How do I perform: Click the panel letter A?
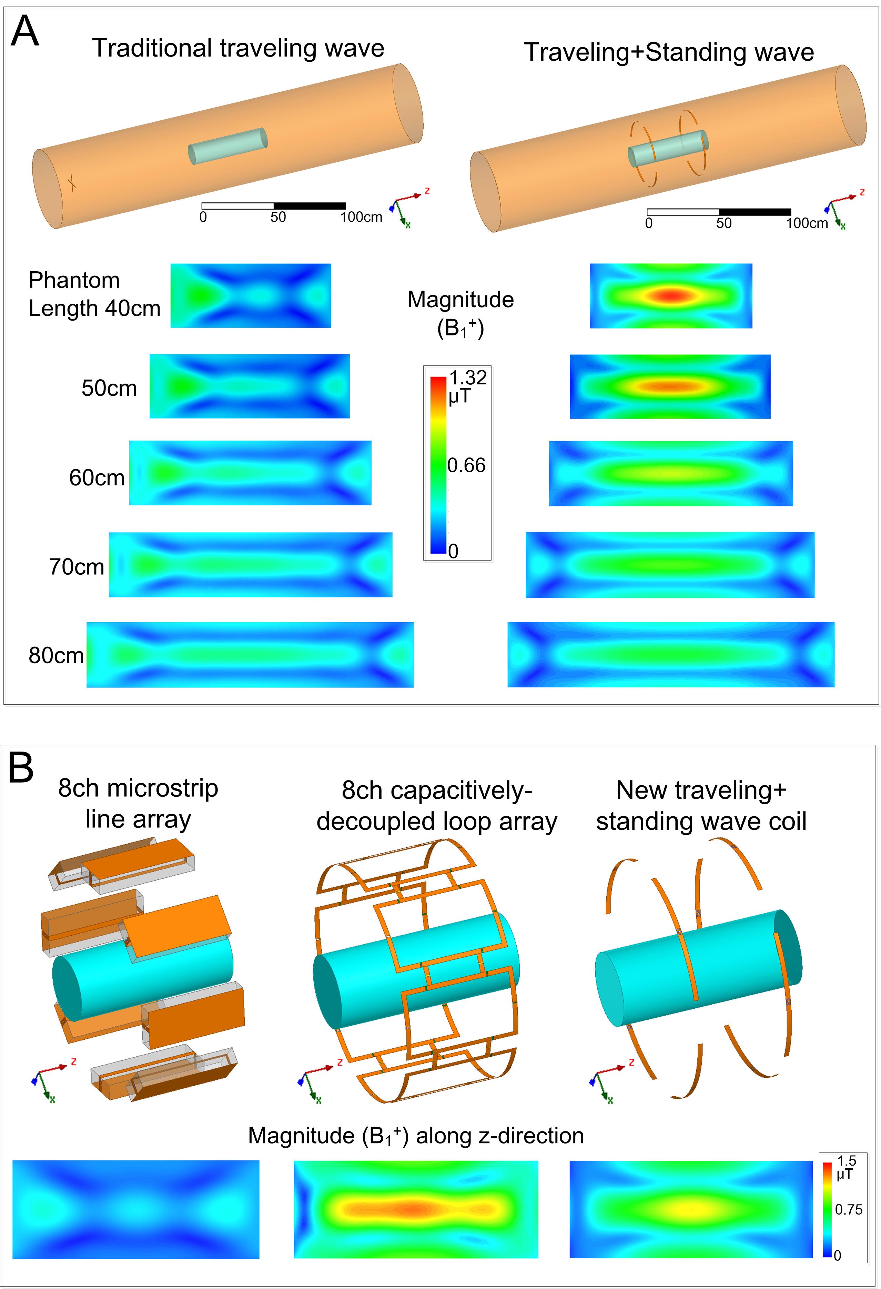click(25, 32)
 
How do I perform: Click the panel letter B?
click(21, 769)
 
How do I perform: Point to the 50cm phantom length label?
click(109, 388)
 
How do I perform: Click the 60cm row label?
click(97, 477)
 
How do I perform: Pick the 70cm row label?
click(77, 567)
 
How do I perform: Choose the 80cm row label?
click(56, 656)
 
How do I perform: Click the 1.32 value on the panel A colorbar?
click(467, 378)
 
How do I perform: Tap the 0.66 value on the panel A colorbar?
click(466, 465)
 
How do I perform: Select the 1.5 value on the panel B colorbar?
click(847, 1161)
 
